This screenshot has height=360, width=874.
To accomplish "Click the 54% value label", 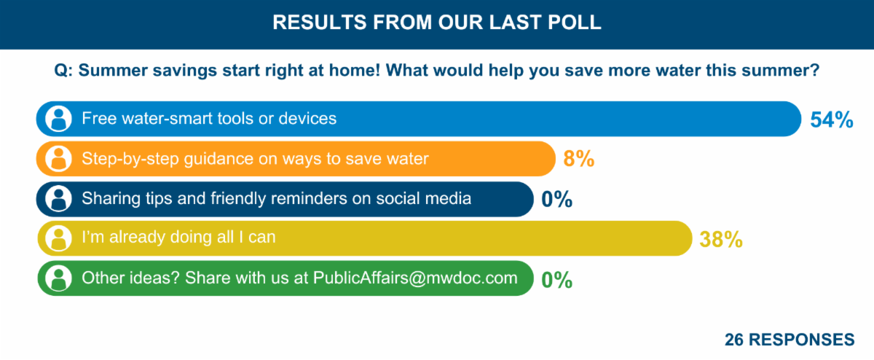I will click(x=831, y=120).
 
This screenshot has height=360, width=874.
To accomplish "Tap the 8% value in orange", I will click(x=579, y=159).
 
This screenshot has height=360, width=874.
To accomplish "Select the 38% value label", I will click(x=720, y=239).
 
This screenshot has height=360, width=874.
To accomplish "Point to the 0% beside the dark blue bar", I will click(x=557, y=199).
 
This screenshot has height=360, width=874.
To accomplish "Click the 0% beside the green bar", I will click(x=557, y=279).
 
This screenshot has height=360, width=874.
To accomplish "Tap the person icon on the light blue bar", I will click(x=58, y=119).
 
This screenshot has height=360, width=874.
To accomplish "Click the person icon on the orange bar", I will click(x=58, y=159).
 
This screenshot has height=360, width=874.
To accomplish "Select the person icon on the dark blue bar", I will click(x=58, y=199).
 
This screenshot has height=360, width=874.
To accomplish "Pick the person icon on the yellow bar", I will click(x=58, y=238).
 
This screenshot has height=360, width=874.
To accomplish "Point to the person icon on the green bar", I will click(x=58, y=278).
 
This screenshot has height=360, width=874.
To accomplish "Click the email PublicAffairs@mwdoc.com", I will click(x=415, y=278).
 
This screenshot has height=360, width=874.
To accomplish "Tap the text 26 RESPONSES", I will click(x=790, y=340).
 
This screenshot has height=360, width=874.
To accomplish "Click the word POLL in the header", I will click(x=575, y=23).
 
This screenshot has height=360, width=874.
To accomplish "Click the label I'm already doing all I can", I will click(x=178, y=238).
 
